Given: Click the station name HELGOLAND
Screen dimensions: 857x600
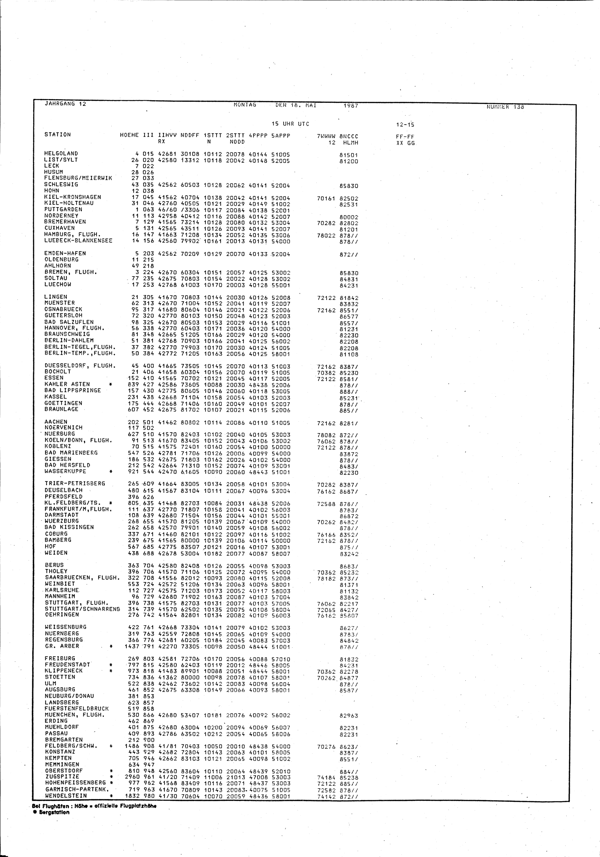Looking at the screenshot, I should [x=61, y=154].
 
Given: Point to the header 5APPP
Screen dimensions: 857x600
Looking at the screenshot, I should [x=281, y=136].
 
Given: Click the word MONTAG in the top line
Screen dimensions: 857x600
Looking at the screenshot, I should [x=245, y=105].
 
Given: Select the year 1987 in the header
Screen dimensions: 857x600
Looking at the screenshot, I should [x=351, y=106].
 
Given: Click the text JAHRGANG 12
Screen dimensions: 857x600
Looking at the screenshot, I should [x=65, y=104].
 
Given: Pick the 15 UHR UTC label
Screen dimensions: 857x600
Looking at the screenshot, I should [x=290, y=124].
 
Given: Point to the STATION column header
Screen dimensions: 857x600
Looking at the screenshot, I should [x=58, y=134].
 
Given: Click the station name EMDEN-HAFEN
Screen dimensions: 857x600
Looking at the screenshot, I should [x=65, y=253].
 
